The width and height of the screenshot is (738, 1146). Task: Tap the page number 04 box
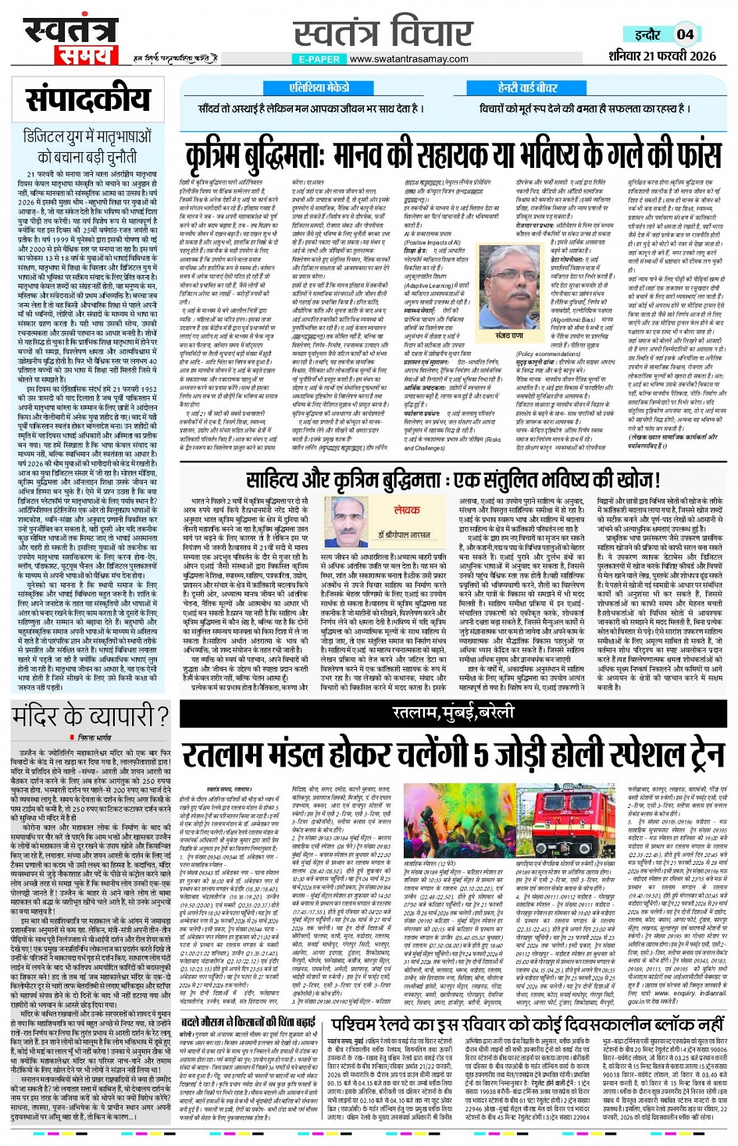click(685, 34)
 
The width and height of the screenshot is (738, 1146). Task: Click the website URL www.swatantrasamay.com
click(409, 59)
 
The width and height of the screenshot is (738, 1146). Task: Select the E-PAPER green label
click(319, 59)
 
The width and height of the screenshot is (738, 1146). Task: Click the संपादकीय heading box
click(87, 99)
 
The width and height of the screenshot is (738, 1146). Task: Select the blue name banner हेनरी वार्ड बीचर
click(527, 87)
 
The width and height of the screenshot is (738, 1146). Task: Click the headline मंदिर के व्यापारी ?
click(90, 716)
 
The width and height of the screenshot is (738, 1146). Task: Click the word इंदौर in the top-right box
click(647, 34)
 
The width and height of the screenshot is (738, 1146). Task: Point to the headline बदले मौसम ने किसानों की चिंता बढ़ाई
click(248, 1021)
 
